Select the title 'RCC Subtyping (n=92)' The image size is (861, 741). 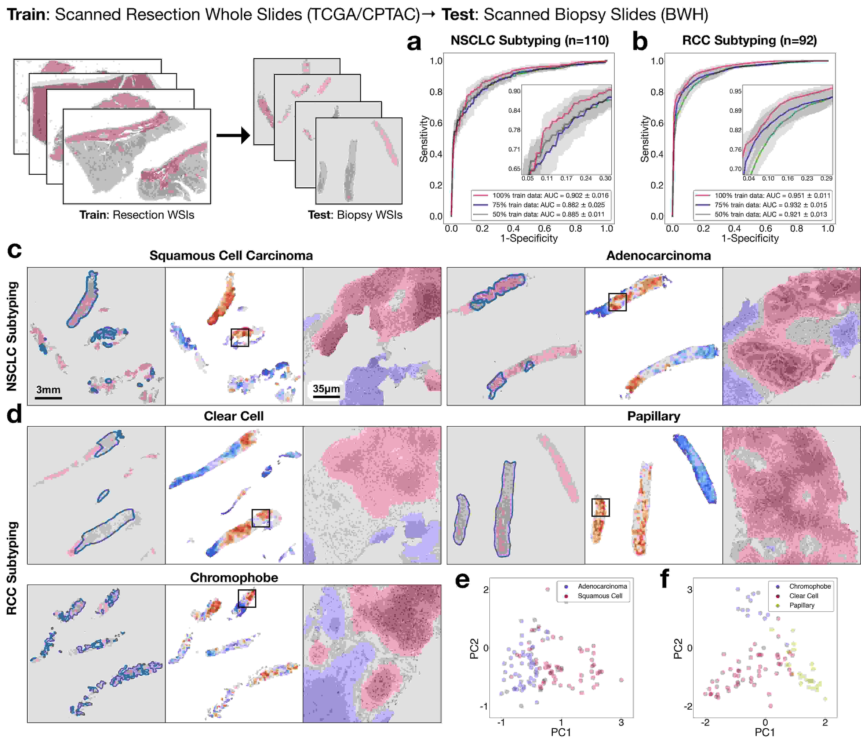coord(749,40)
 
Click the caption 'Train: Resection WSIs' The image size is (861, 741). coord(137,215)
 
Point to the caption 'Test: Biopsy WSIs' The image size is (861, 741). coord(355,215)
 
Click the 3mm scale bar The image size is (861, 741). coord(48,398)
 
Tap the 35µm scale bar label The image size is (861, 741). coord(326,389)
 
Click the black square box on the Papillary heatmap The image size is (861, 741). coord(600,507)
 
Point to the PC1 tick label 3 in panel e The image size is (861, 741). coord(621,722)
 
